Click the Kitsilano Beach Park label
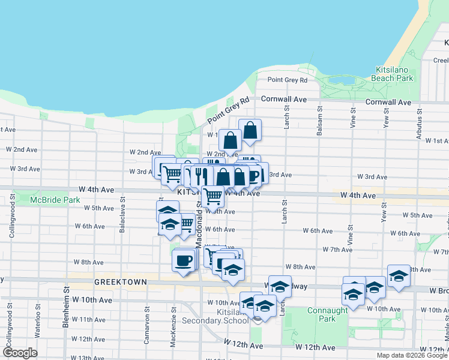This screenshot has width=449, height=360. [x=394, y=74]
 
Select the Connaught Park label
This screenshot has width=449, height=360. [x=327, y=314]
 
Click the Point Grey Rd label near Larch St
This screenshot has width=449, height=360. [x=287, y=80]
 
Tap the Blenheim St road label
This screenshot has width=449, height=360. [x=65, y=308]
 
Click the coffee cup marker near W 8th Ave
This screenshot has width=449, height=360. [x=184, y=261]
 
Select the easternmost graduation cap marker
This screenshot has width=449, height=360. [x=399, y=276]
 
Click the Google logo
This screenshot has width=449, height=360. [x=19, y=353]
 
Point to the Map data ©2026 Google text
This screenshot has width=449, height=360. [x=411, y=355]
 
